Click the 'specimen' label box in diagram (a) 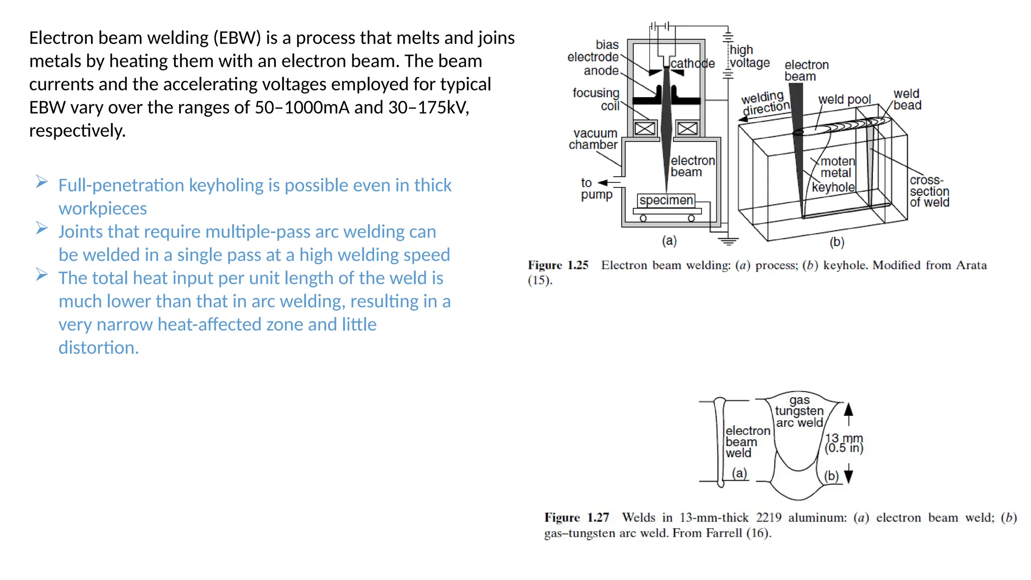pyautogui.click(x=666, y=200)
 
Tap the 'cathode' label pyautogui.click(x=693, y=64)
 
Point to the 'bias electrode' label pyautogui.click(x=594, y=51)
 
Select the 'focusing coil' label pyautogui.click(x=597, y=99)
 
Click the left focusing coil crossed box pyautogui.click(x=645, y=128)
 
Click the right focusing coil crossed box pyautogui.click(x=687, y=128)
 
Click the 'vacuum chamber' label pyautogui.click(x=594, y=139)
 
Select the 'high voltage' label pyautogui.click(x=749, y=56)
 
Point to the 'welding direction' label pyautogui.click(x=765, y=102)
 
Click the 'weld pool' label pyautogui.click(x=844, y=99)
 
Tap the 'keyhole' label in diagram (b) pyautogui.click(x=833, y=187)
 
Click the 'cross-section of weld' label pyautogui.click(x=929, y=191)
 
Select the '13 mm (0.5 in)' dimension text pyautogui.click(x=844, y=443)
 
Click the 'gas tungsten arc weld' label pyautogui.click(x=799, y=411)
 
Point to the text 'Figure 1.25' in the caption pyautogui.click(x=558, y=265)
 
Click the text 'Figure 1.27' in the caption pyautogui.click(x=576, y=518)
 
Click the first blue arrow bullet pyautogui.click(x=42, y=182)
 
